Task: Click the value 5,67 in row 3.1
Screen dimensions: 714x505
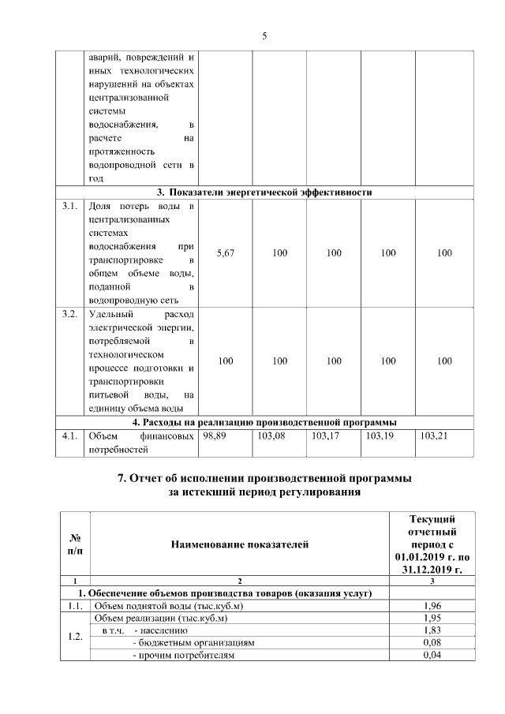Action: point(225,253)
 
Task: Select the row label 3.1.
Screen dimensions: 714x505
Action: point(69,207)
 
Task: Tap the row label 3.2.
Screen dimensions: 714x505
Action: point(69,315)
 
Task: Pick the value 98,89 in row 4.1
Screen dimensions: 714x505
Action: point(215,435)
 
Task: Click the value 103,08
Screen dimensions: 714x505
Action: point(271,435)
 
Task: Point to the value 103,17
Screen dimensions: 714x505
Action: point(325,435)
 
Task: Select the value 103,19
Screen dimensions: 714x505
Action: point(380,435)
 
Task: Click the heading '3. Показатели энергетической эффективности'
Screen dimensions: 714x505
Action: point(264,192)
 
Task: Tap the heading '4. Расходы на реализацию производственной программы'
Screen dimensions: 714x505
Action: point(264,421)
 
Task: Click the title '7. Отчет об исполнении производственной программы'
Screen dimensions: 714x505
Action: point(264,478)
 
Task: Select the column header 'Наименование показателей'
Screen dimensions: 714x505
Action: point(240,544)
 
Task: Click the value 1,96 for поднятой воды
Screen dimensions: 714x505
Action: point(432,605)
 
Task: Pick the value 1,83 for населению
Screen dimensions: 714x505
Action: point(432,630)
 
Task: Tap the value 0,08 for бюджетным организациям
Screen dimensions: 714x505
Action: point(432,643)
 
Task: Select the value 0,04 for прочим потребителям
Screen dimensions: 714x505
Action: point(432,656)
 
